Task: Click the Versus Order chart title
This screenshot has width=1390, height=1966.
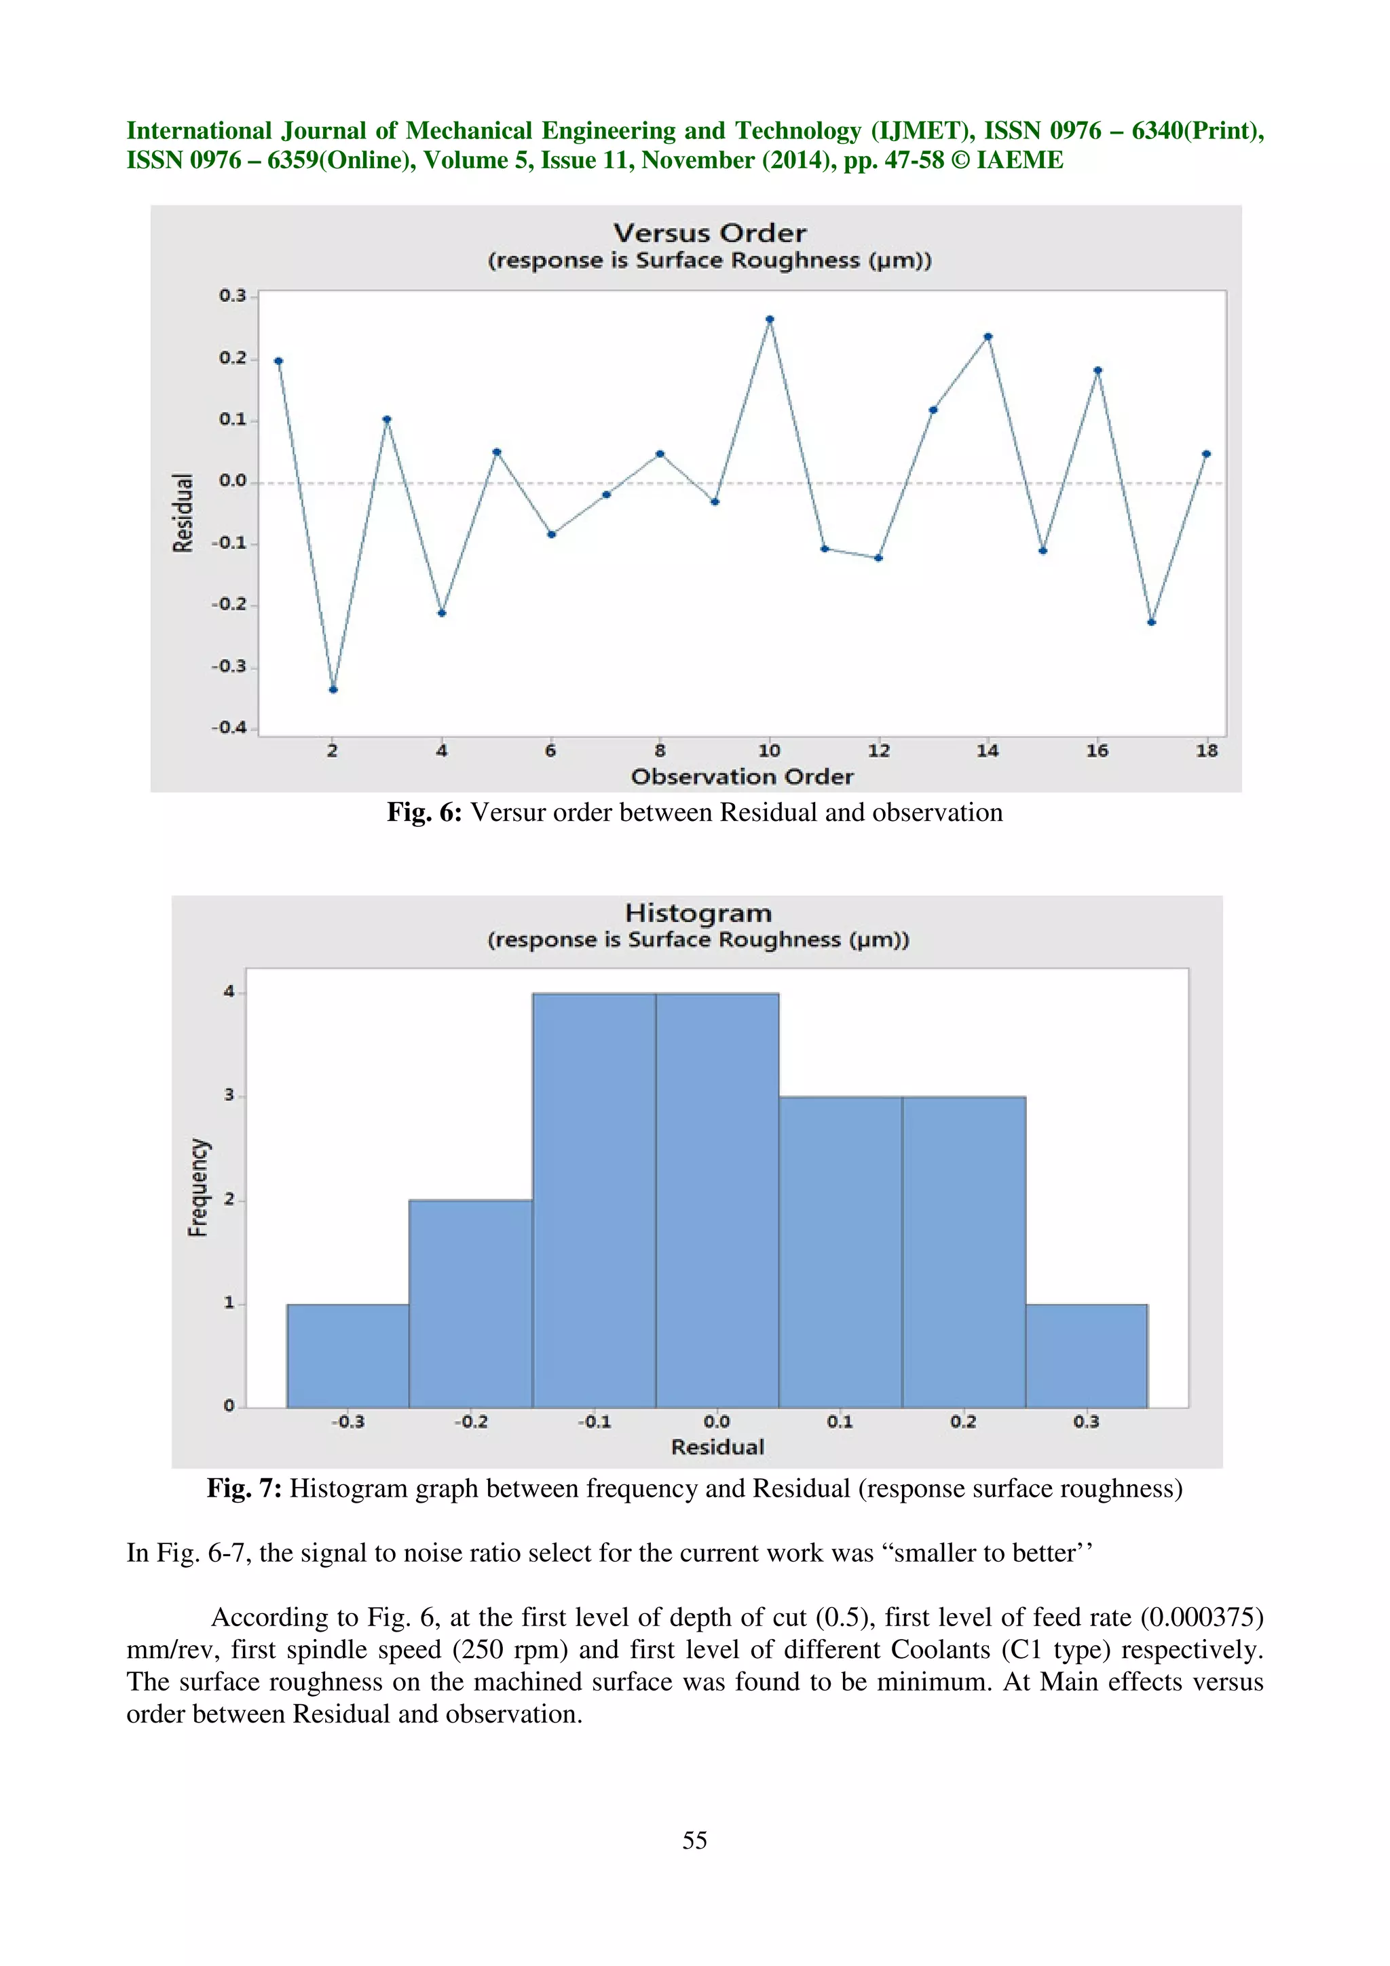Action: (709, 233)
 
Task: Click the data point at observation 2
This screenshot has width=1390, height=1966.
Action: (333, 689)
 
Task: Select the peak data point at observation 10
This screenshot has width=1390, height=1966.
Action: (769, 320)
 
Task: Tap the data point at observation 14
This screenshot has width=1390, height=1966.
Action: (988, 336)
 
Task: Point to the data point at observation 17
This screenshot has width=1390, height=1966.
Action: (1151, 623)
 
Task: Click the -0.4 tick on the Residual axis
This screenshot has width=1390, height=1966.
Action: (229, 727)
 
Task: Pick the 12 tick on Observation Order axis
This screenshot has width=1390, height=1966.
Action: (879, 751)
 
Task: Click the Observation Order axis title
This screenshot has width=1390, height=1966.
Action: (742, 777)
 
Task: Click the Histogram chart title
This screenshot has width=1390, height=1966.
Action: (697, 913)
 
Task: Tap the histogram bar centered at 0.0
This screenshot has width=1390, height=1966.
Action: (717, 1199)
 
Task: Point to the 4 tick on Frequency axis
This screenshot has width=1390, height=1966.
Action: (229, 992)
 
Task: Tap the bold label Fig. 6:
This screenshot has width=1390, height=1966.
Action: (424, 812)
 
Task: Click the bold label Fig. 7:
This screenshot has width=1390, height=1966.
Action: (244, 1488)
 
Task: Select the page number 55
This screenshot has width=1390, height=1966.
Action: (694, 1840)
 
